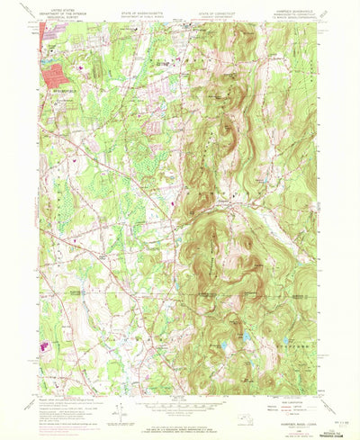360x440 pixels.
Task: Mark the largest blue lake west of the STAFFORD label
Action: [245, 337]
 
